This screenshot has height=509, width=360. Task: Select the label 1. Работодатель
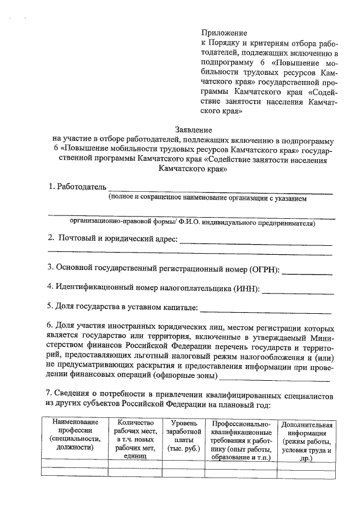click(76, 186)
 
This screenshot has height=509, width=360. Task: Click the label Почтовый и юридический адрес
click(118, 239)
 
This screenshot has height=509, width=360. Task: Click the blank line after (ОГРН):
click(307, 273)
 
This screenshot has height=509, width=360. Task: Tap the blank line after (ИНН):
click(298, 292)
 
